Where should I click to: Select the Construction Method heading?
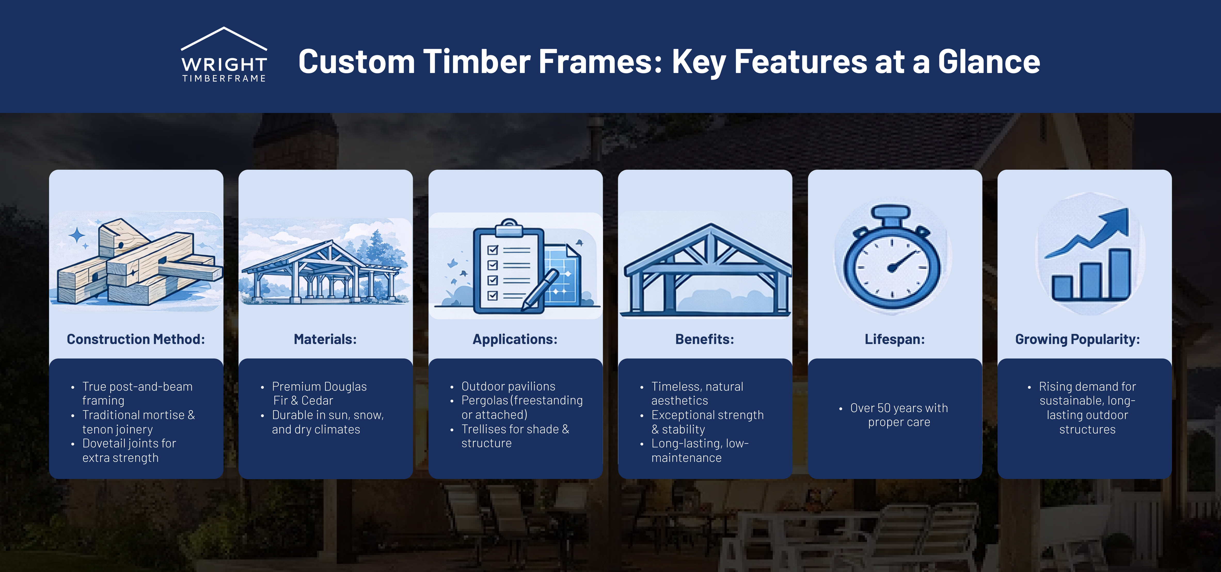pyautogui.click(x=136, y=339)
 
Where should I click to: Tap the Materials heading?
pyautogui.click(x=325, y=339)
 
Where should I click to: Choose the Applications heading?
pyautogui.click(x=515, y=339)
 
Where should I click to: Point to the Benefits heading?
pyautogui.click(x=704, y=339)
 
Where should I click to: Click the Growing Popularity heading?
pyautogui.click(x=1077, y=339)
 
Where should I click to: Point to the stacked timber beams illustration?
pyautogui.click(x=137, y=263)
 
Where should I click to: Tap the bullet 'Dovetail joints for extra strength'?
pyautogui.click(x=129, y=450)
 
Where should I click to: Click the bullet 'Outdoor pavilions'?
pyautogui.click(x=508, y=386)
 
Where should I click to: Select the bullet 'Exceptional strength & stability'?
pyautogui.click(x=707, y=422)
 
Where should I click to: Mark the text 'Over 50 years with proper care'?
pyautogui.click(x=899, y=415)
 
